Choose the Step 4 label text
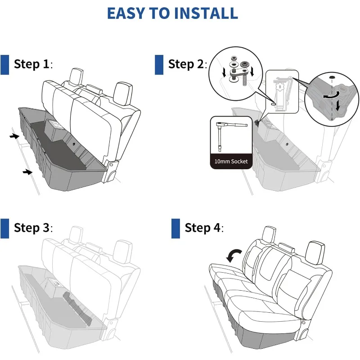(x=204, y=228)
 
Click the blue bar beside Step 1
(x=5, y=64)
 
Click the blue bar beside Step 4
(x=175, y=228)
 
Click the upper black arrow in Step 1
(x=15, y=135)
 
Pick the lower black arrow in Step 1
(x=28, y=171)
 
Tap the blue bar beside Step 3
(x=5, y=228)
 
